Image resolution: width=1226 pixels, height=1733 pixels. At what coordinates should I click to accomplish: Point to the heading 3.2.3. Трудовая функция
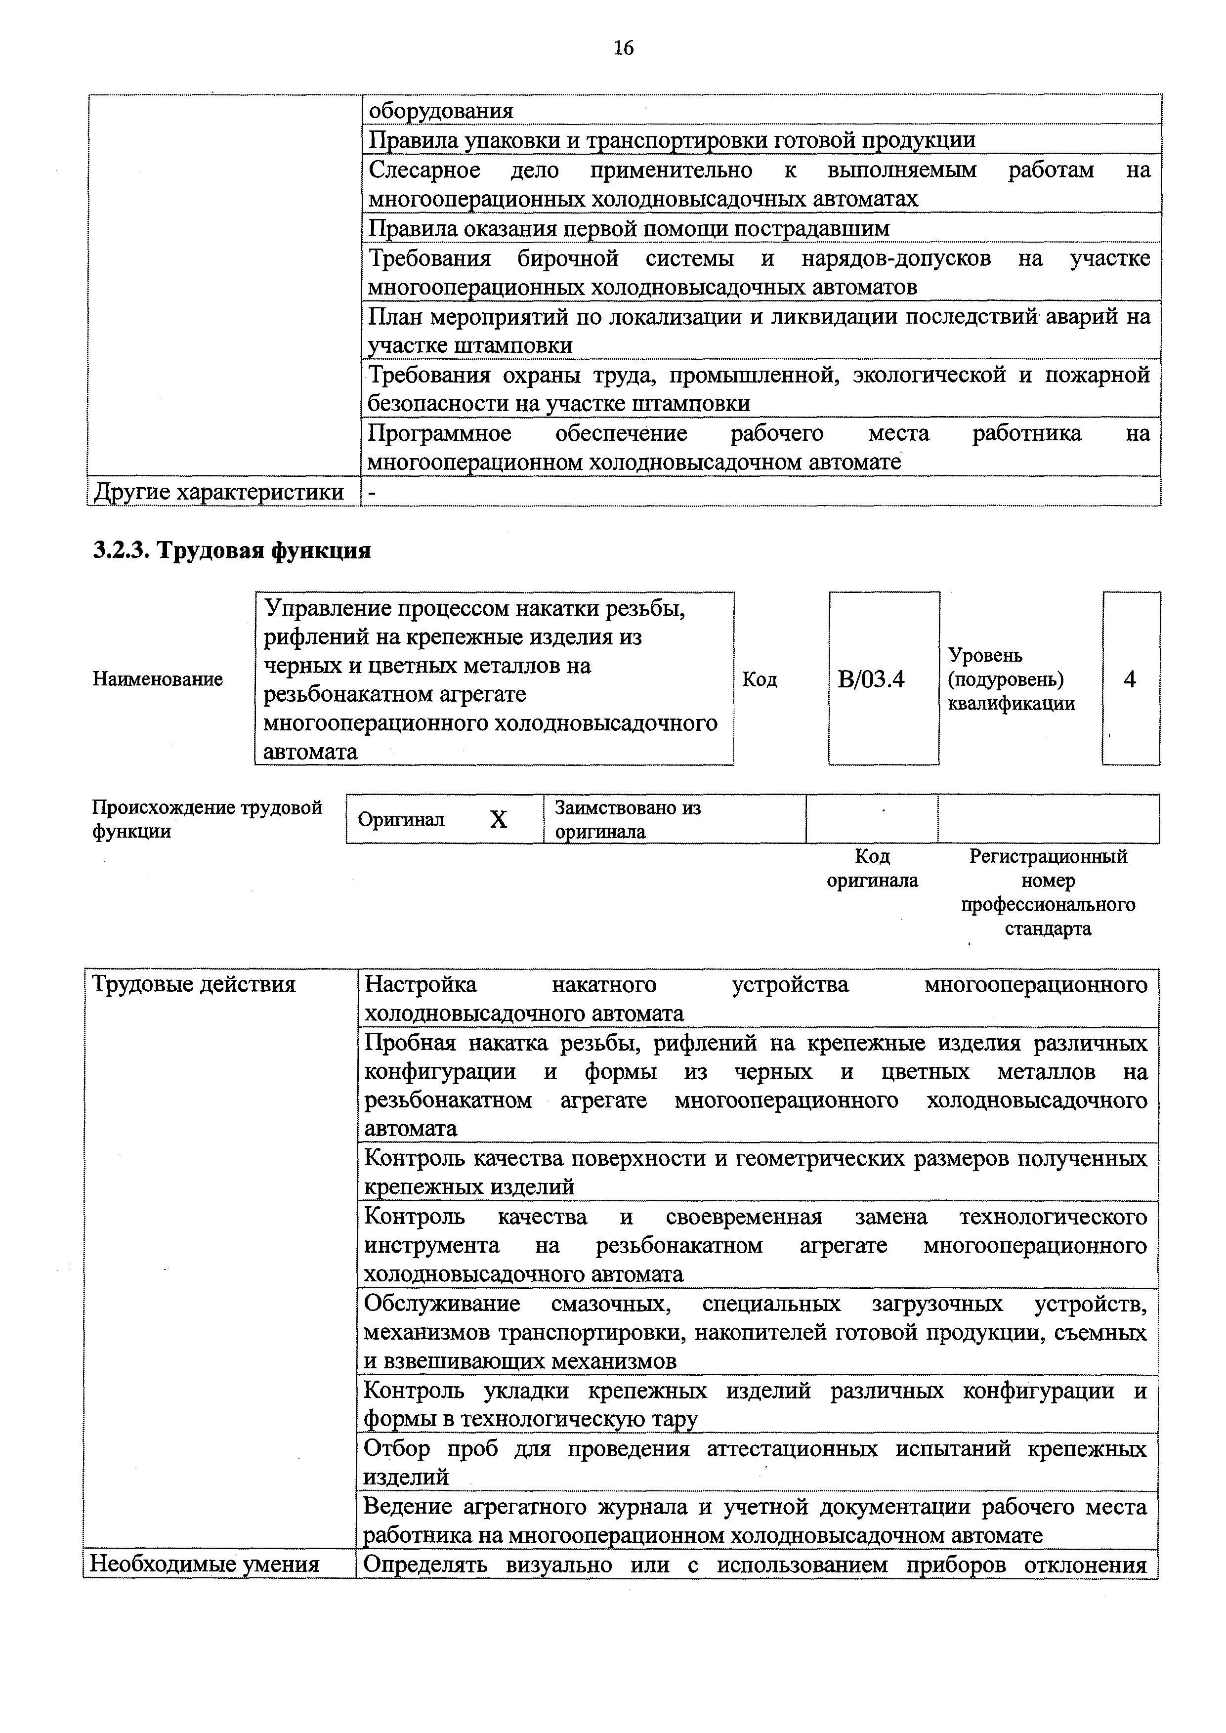tap(232, 550)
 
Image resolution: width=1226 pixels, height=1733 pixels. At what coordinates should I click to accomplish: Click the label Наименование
tap(158, 679)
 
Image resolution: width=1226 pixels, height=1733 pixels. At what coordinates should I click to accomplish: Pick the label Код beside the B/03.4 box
tap(760, 679)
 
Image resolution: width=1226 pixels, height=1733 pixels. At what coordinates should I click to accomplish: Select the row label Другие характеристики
tap(218, 492)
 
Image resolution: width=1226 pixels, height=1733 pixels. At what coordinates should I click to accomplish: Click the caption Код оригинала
tap(872, 868)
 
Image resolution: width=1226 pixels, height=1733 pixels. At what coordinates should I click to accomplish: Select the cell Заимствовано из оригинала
tap(628, 819)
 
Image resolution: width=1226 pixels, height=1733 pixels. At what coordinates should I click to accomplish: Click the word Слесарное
tap(424, 170)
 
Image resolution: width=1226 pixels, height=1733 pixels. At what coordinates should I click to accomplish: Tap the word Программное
tap(439, 433)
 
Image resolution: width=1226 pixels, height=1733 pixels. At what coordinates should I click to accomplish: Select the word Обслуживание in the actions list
tap(442, 1304)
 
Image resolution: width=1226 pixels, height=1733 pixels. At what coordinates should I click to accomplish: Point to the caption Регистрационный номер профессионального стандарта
tap(1048, 892)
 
